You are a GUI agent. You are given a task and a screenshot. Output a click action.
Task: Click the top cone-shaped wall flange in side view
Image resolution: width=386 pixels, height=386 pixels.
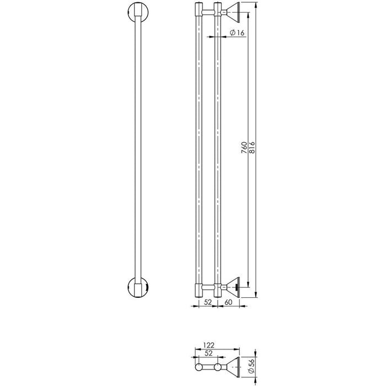(x=232, y=10)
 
